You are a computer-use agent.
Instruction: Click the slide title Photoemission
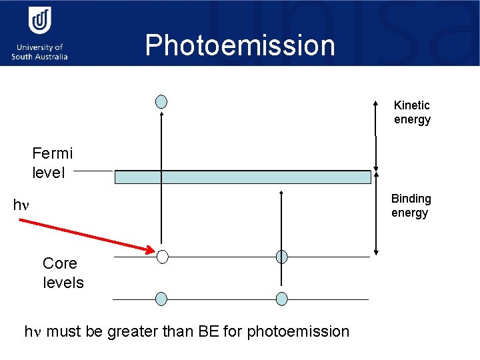pos(240,45)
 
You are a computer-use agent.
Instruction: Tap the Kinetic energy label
pos(412,113)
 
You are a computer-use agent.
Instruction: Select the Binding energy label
pos(411,206)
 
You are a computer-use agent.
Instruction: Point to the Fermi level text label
pos(53,163)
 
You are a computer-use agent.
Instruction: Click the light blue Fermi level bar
pos(243,177)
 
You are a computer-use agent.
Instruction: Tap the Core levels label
pos(63,273)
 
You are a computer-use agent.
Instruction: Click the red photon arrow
pos(87,235)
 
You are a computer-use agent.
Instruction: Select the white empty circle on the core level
pos(162,257)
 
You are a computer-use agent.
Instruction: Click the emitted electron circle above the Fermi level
pos(161,101)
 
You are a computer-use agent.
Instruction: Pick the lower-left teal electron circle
pos(161,299)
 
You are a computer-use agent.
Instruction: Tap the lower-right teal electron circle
pos(282,299)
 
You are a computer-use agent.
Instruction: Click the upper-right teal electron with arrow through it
pos(282,257)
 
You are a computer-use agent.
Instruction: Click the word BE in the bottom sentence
pos(208,331)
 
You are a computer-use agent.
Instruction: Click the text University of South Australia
pos(39,52)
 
